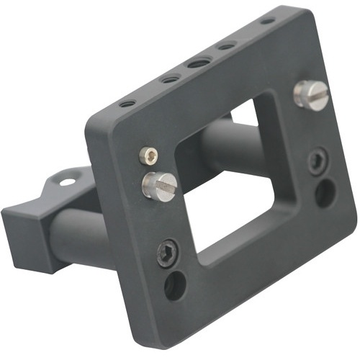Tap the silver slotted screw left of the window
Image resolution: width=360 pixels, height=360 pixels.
click(x=160, y=185)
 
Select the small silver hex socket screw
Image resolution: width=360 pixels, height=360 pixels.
click(x=148, y=154)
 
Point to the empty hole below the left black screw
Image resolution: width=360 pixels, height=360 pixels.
click(x=175, y=286)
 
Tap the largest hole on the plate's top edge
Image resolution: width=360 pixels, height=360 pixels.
click(x=197, y=63)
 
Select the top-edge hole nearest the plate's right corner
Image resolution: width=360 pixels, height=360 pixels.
click(x=267, y=21)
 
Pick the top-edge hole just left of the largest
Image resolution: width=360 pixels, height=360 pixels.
click(x=168, y=79)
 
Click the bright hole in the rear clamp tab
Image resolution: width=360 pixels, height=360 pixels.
click(x=66, y=182)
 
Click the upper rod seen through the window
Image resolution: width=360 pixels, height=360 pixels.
click(x=223, y=140)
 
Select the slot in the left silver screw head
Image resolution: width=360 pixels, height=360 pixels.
click(x=162, y=186)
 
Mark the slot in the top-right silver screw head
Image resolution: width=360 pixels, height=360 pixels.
click(x=315, y=94)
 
